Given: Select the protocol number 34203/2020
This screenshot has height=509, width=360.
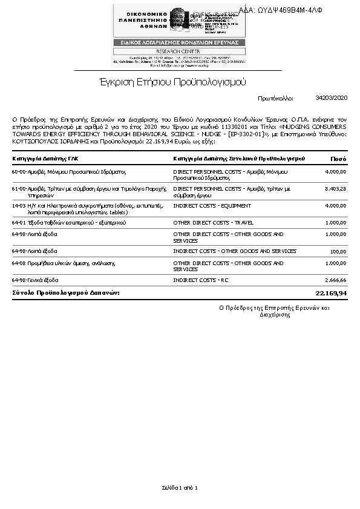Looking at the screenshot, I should pos(332,97).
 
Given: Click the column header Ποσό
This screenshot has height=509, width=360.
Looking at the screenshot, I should pos(338,159).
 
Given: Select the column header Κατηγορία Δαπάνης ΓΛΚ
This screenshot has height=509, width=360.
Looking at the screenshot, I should pos(45,159).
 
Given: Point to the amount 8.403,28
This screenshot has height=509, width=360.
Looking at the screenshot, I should pos(335,189).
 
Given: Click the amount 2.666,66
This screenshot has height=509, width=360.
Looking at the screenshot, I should pos(335,280).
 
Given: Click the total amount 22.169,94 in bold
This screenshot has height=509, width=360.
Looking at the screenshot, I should pos(332,293).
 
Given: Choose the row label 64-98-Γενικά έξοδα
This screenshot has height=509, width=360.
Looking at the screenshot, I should pos(35,280).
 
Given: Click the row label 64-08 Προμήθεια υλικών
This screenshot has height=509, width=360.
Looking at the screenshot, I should pos(64,263).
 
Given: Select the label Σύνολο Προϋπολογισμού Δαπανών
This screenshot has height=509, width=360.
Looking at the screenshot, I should pos(66,293).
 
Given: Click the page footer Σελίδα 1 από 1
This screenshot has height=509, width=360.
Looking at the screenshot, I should pos(180,487).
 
